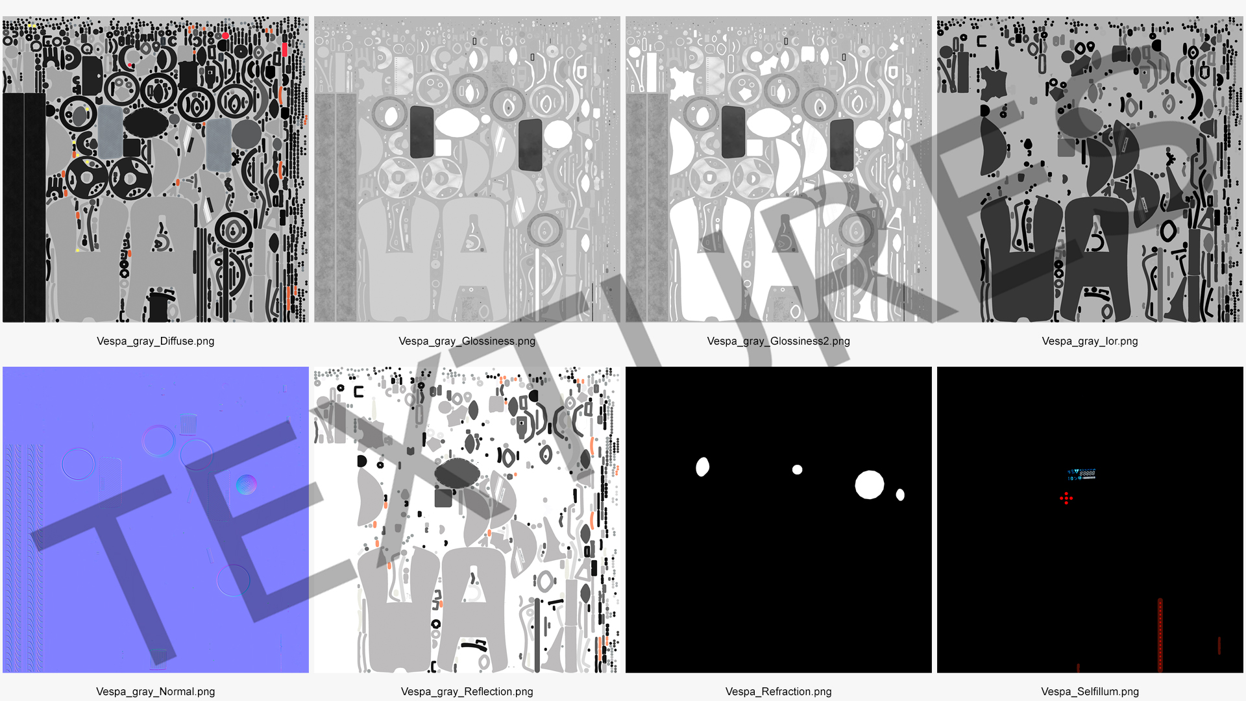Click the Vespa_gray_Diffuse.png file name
(x=156, y=341)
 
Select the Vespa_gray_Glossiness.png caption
(x=467, y=341)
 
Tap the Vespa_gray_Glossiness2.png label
(x=779, y=341)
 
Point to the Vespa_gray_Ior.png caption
(x=1090, y=341)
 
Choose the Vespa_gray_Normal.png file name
(x=156, y=692)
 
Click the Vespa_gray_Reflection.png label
(x=467, y=692)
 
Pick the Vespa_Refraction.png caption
(x=779, y=692)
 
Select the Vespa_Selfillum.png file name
(x=1090, y=692)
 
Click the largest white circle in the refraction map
(x=870, y=485)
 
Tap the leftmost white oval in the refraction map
(x=702, y=467)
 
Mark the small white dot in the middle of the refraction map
(x=798, y=469)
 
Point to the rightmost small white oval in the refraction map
(x=900, y=495)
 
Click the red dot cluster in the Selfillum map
(x=1066, y=498)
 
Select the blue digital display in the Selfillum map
(x=1082, y=474)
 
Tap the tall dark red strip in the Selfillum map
(x=1160, y=635)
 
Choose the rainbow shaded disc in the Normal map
(x=246, y=485)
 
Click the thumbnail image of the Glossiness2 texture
(x=779, y=169)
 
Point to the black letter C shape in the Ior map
(x=981, y=41)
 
